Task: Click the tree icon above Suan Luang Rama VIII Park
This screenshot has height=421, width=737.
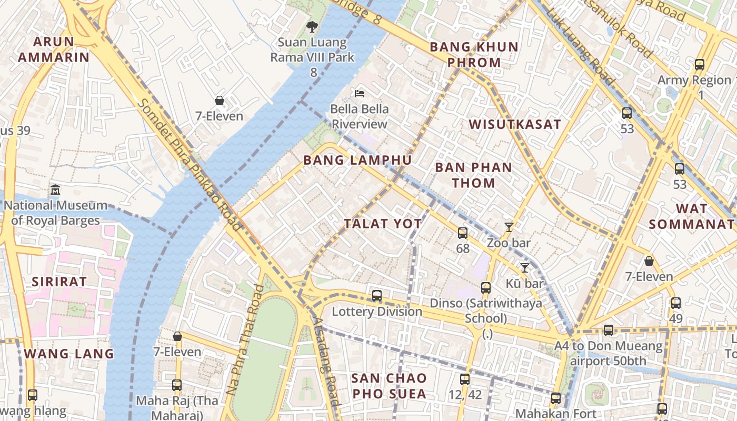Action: click(x=312, y=26)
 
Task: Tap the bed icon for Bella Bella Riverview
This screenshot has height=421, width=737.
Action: click(x=360, y=94)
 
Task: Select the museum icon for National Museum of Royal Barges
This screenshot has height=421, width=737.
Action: click(x=55, y=189)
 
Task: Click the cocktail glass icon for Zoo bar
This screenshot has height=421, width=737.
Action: click(x=509, y=227)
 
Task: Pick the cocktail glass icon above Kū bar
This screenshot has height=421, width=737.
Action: click(x=524, y=268)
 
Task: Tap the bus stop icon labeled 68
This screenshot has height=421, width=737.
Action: click(x=463, y=233)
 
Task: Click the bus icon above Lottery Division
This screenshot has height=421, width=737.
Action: click(x=377, y=296)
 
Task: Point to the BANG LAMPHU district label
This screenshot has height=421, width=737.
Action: click(x=357, y=160)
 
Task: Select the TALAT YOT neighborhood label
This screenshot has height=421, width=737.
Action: click(x=383, y=224)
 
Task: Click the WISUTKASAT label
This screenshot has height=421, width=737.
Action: click(x=515, y=124)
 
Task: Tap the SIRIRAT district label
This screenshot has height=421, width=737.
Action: click(x=59, y=282)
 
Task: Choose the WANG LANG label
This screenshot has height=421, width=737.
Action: click(x=69, y=353)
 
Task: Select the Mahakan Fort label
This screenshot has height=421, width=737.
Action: click(x=556, y=414)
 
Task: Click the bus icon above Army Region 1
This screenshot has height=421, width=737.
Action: click(x=700, y=65)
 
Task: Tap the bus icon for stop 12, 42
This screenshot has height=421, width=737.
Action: click(x=464, y=379)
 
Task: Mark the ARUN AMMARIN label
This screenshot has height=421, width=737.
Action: click(x=54, y=49)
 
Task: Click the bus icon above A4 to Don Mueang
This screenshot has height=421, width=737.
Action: click(x=609, y=330)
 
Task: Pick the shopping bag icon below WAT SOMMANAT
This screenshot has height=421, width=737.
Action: click(x=649, y=261)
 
